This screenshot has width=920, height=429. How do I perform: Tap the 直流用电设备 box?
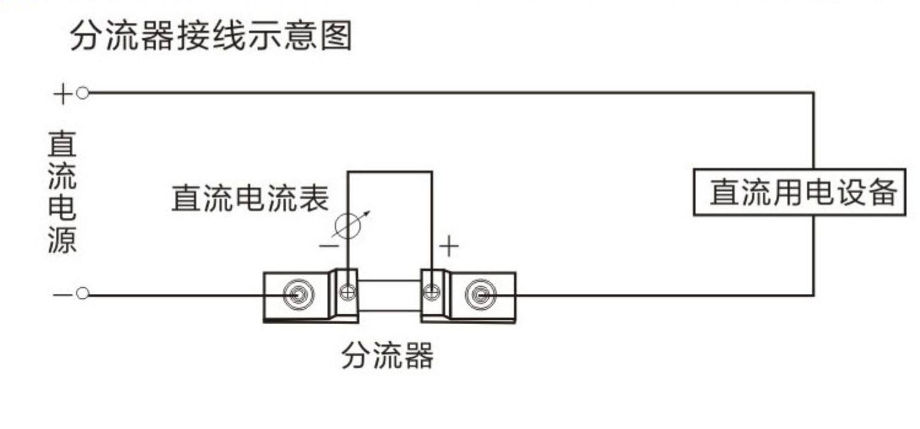click(799, 192)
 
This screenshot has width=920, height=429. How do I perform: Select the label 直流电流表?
click(250, 198)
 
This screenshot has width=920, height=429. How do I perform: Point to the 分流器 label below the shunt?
click(387, 355)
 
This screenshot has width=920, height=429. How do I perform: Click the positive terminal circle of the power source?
click(83, 93)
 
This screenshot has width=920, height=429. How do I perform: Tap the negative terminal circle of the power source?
click(83, 295)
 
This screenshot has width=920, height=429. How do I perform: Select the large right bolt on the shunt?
click(480, 295)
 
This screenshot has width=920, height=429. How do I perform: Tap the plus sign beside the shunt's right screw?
click(448, 247)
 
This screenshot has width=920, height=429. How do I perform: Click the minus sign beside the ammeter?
click(329, 247)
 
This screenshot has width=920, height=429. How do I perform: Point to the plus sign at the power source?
click(63, 94)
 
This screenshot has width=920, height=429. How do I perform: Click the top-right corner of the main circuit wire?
click(814, 93)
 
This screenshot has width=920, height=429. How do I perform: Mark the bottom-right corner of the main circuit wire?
click(814, 295)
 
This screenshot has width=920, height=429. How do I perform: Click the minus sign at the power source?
click(63, 295)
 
